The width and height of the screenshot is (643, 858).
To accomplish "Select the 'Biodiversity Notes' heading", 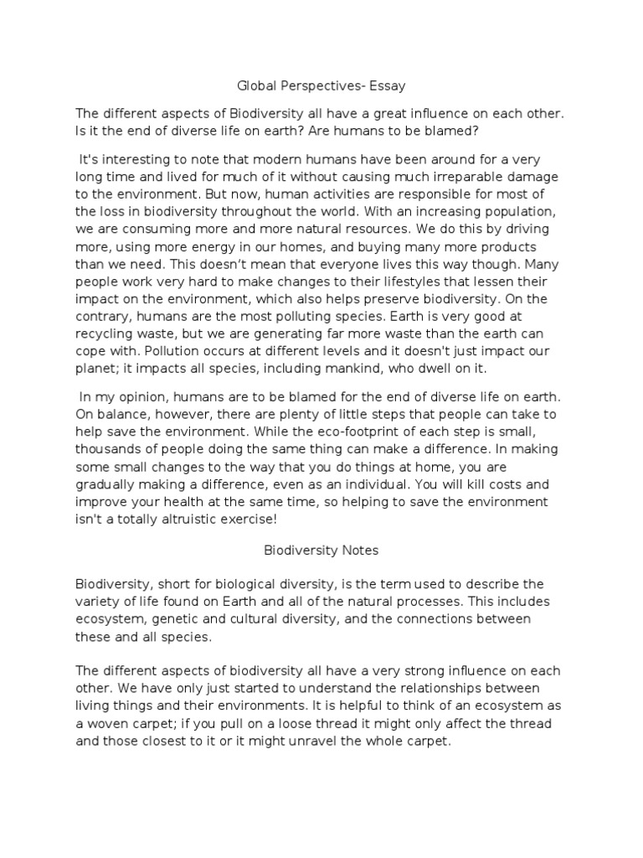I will (321, 550).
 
